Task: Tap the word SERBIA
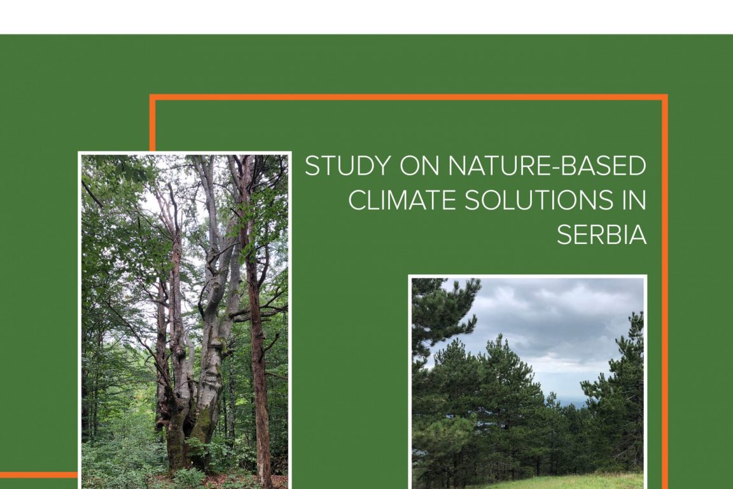tap(602, 235)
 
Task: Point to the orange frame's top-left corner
tap(153, 97)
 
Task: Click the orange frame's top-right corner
tap(665, 97)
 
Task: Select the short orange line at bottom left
tap(39, 475)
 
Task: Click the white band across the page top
tap(366, 17)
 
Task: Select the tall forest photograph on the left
tap(185, 320)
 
